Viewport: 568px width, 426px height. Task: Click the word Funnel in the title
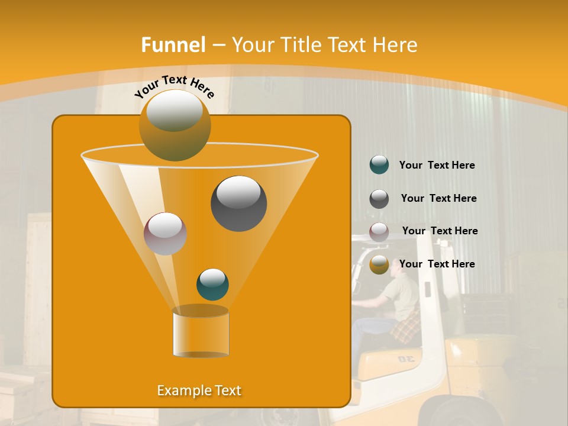(173, 45)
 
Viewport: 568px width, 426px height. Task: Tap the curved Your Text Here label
(174, 86)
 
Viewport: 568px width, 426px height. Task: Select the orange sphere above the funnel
(175, 125)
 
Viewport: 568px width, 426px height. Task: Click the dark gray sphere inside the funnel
(238, 203)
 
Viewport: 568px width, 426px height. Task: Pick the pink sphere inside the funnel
(165, 233)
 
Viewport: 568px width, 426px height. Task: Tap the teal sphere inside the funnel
(212, 284)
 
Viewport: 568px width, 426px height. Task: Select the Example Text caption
(199, 390)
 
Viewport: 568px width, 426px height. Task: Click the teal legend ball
(379, 165)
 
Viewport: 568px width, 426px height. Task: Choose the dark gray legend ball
(379, 199)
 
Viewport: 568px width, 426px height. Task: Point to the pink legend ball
(379, 231)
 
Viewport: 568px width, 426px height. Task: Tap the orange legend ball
(379, 264)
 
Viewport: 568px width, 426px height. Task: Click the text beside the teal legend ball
(437, 166)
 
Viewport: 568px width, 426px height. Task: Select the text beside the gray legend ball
(438, 198)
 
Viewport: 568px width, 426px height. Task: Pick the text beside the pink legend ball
(440, 231)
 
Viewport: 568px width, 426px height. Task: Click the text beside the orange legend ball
(437, 264)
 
